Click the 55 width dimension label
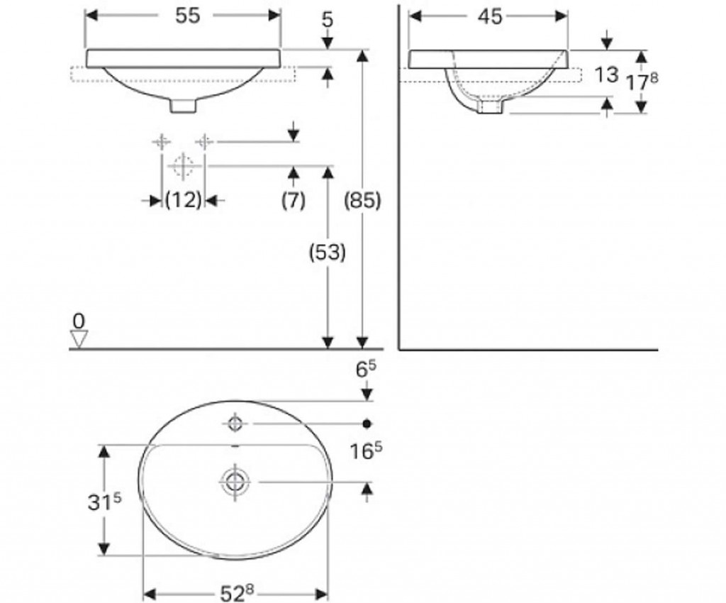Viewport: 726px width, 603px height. [x=187, y=16]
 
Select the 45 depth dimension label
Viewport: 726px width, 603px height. [x=490, y=17]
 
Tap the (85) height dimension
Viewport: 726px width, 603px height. [x=362, y=201]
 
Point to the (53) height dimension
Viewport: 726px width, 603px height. [x=328, y=253]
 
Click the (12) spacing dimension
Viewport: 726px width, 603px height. [x=184, y=200]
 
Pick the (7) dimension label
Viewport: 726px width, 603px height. [x=293, y=200]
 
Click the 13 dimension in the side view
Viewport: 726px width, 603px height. [x=606, y=74]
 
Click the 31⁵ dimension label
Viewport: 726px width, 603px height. [x=104, y=502]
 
